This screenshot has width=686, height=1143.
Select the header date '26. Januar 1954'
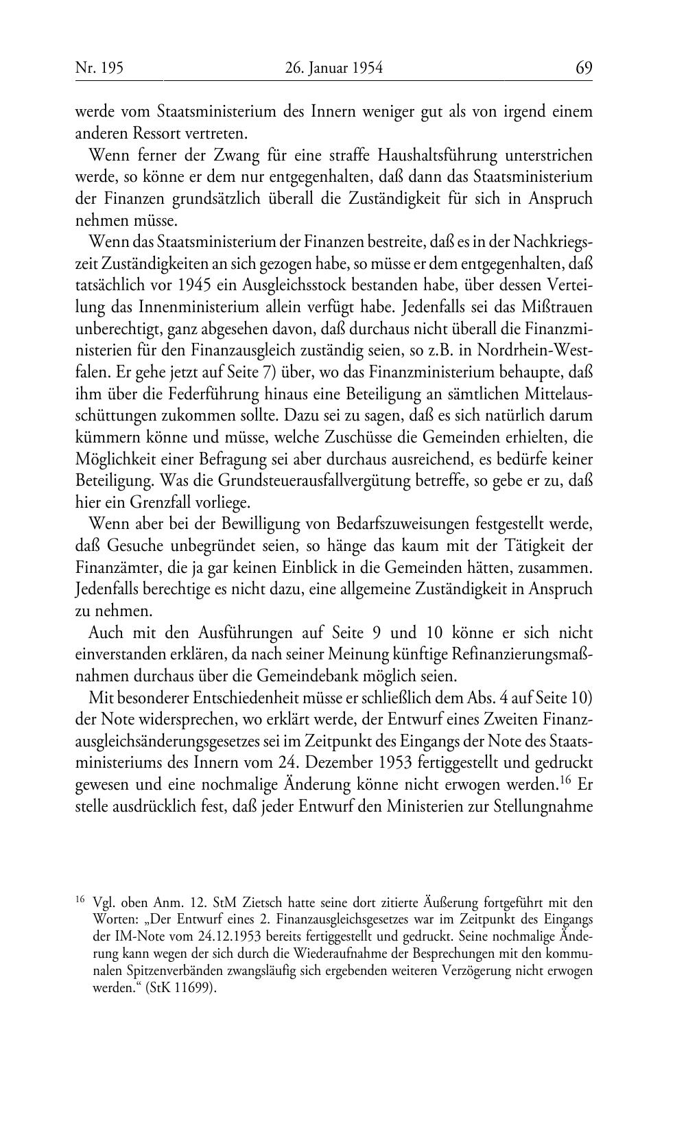[x=333, y=67]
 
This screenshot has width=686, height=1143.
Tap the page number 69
[x=584, y=67]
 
